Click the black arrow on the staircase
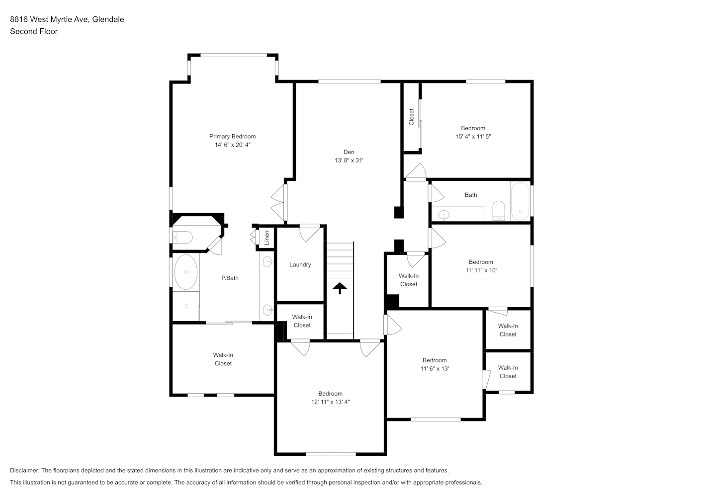[340, 288]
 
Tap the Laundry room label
[300, 264]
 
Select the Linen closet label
[267, 238]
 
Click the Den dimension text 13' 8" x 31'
[349, 161]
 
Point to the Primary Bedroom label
[232, 137]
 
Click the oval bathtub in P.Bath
[186, 272]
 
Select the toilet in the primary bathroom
[182, 238]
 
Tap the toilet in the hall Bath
[498, 211]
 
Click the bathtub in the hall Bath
[520, 201]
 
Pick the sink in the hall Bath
[443, 215]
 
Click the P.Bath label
[230, 278]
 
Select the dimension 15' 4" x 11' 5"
[473, 137]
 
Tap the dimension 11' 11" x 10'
[481, 270]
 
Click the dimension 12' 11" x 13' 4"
[330, 402]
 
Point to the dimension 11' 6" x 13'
[435, 369]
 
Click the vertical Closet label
[411, 117]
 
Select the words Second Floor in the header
[34, 31]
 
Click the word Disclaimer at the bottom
[24, 470]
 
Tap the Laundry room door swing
[310, 233]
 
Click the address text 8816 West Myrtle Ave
[50, 19]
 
